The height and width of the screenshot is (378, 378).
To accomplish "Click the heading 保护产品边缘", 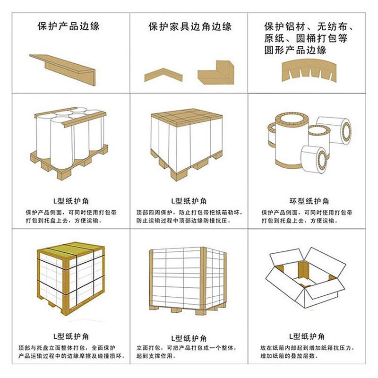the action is pyautogui.click(x=69, y=26).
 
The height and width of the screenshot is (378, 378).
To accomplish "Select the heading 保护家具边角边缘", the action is pyautogui.click(x=190, y=26).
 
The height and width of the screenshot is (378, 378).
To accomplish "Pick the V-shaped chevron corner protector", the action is pyautogui.click(x=163, y=75).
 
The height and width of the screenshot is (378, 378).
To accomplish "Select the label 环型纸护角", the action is pyautogui.click(x=309, y=201).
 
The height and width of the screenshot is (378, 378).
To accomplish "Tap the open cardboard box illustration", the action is pyautogui.click(x=306, y=277).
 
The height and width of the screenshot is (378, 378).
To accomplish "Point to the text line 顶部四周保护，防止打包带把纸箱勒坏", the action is pyautogui.click(x=189, y=213).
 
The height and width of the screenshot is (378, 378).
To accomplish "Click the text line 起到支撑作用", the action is pyautogui.click(x=155, y=356).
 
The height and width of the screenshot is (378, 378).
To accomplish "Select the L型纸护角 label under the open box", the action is pyautogui.click(x=307, y=336).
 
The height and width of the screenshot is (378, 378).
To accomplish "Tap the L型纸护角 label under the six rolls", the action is pyautogui.click(x=71, y=201).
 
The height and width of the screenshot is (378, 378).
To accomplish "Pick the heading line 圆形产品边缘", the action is pyautogui.click(x=295, y=50).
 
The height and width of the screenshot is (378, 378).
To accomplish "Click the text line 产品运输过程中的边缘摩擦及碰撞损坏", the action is pyautogui.click(x=72, y=356).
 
